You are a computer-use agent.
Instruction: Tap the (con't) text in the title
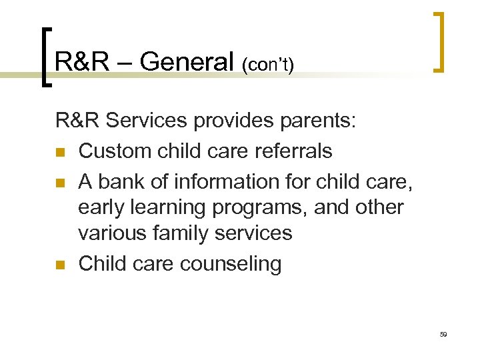268,65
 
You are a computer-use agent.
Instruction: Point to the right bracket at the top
439,41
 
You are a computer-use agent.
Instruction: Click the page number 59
443,333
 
